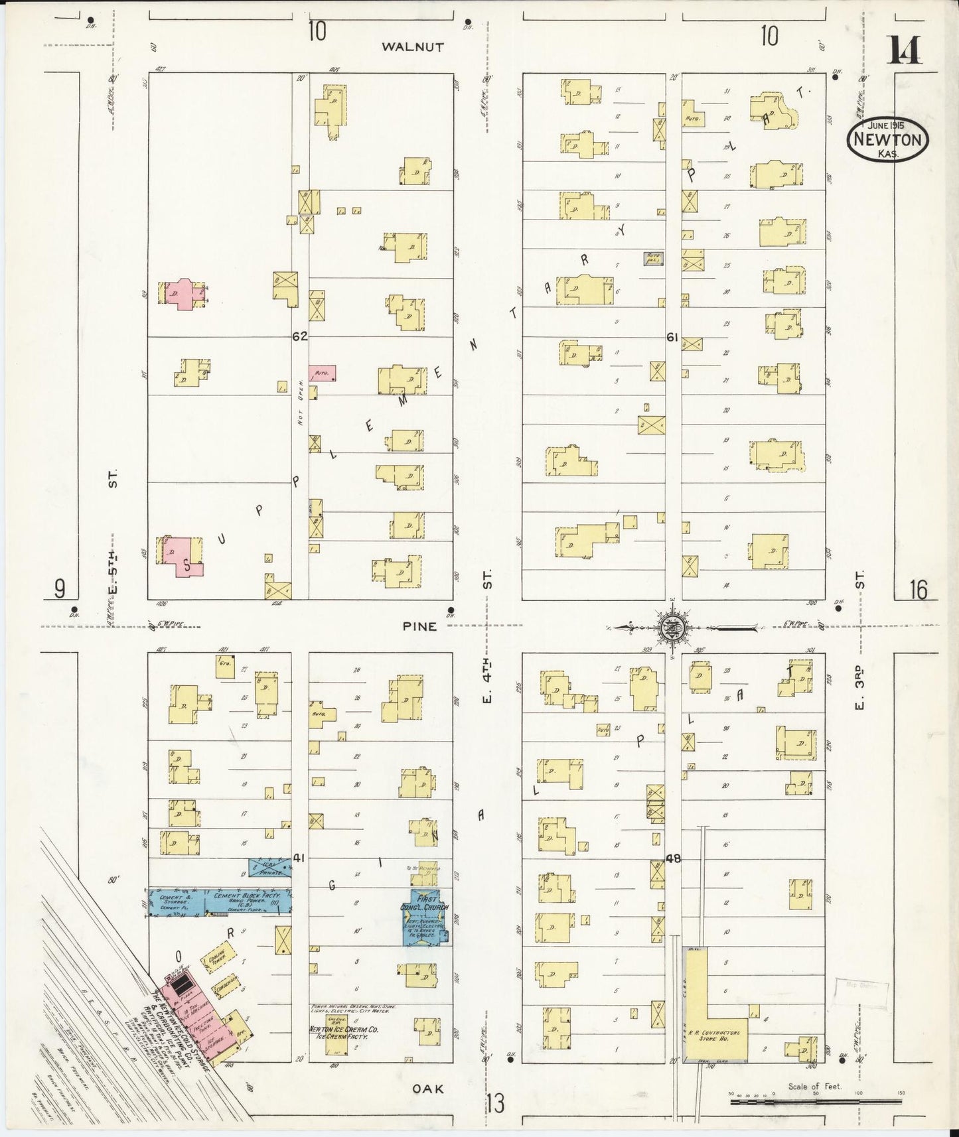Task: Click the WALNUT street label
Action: (412, 47)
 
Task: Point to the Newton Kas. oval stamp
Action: (887, 139)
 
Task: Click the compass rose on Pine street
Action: (674, 627)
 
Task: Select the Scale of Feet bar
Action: (814, 1102)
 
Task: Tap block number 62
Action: (299, 336)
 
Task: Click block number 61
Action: (672, 338)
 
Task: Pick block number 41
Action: (299, 858)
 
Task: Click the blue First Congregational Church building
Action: (425, 916)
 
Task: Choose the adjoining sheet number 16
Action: (918, 589)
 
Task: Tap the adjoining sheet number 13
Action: (494, 1104)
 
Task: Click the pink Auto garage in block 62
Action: (322, 373)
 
